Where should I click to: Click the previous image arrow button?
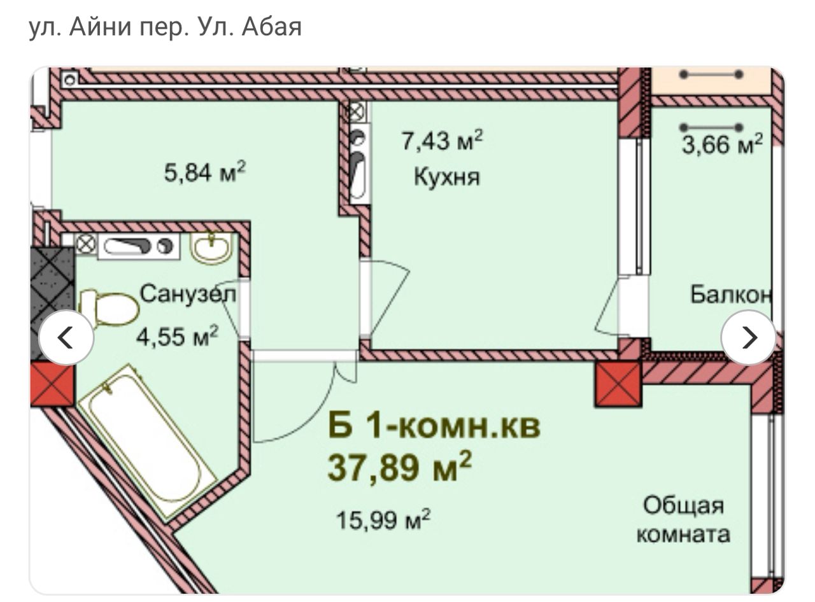click(66, 337)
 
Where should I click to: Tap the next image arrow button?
click(749, 337)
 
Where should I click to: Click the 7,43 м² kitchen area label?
click(442, 140)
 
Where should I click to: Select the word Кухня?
click(447, 177)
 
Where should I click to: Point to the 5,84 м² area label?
click(204, 172)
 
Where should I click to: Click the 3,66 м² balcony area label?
click(723, 144)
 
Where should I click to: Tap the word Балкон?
click(730, 295)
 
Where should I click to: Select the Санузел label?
click(188, 295)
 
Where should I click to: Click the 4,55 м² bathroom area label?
click(178, 336)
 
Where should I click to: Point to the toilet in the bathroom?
click(109, 308)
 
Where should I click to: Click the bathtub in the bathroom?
click(148, 442)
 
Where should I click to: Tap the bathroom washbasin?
click(211, 247)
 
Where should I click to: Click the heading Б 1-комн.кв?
click(434, 426)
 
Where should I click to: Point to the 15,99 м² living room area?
click(383, 519)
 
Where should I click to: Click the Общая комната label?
click(683, 519)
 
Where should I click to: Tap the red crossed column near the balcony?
click(618, 384)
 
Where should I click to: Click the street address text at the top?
click(166, 27)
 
